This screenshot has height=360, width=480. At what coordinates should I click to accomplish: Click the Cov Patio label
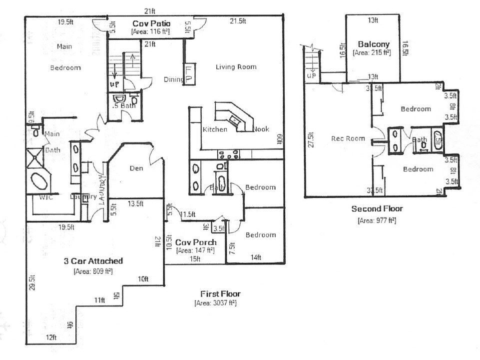(151, 23)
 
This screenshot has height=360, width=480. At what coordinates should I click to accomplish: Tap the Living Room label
(236, 67)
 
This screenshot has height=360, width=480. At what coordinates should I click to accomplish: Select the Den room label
(136, 168)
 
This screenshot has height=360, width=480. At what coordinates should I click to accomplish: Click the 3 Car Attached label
(93, 261)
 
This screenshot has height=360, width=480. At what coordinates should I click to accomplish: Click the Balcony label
(373, 44)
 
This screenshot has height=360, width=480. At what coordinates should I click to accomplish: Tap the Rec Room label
(348, 138)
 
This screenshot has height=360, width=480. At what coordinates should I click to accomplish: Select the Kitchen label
(215, 129)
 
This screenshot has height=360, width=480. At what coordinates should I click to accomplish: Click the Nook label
(261, 129)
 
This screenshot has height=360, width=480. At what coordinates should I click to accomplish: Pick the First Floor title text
(220, 294)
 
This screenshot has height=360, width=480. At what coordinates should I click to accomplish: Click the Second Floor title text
(377, 209)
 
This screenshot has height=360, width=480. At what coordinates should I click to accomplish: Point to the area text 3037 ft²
(215, 303)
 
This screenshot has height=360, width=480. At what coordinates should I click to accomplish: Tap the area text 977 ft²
(377, 220)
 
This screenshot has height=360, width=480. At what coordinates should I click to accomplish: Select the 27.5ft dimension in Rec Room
(312, 140)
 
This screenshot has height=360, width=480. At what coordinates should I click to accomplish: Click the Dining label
(173, 80)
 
